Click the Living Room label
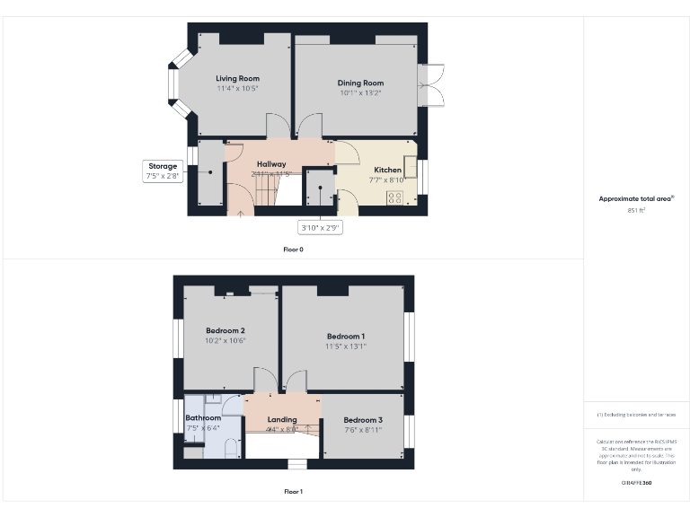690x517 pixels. point(237,79)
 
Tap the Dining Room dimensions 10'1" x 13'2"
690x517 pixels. point(360,93)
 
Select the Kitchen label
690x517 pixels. point(388,170)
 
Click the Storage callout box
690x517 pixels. point(163,171)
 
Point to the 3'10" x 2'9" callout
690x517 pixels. point(320,228)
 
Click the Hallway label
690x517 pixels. point(271,164)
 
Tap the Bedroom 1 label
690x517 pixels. point(346,337)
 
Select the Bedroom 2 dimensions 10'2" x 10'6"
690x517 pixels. point(225,341)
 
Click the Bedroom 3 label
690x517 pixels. point(363,420)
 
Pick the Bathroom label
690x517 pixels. point(203,418)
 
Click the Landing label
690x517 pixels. point(282,419)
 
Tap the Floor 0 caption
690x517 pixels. point(293,249)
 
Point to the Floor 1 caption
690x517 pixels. point(293,492)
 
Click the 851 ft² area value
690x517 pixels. point(637,210)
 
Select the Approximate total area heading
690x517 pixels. point(636,199)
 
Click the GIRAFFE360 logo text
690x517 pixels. point(636,483)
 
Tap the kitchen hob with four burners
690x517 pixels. point(394,197)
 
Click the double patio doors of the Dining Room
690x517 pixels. point(430,85)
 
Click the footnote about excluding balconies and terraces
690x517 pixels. point(636,415)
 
